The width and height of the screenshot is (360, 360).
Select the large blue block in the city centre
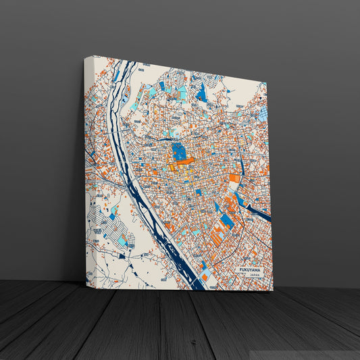click(179, 151)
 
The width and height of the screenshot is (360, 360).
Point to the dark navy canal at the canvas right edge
click(260, 214)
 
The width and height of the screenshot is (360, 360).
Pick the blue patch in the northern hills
click(201, 95)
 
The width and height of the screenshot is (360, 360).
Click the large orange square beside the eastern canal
click(234, 178)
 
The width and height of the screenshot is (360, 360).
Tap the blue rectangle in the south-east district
click(227, 220)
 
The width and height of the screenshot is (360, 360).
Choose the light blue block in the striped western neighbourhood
click(122, 241)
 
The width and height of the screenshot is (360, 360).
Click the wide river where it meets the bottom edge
click(197, 284)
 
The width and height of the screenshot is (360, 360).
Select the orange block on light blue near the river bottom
click(205, 277)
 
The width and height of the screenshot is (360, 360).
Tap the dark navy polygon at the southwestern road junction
click(122, 256)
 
